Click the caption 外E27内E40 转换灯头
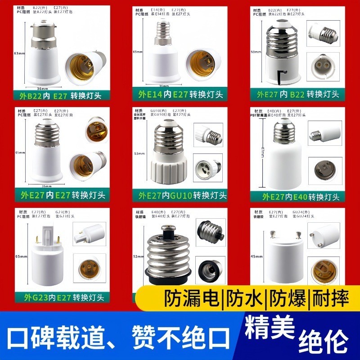297,196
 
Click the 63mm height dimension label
19,54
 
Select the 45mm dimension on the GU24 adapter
256,256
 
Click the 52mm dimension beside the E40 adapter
139,256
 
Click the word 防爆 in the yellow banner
286,298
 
